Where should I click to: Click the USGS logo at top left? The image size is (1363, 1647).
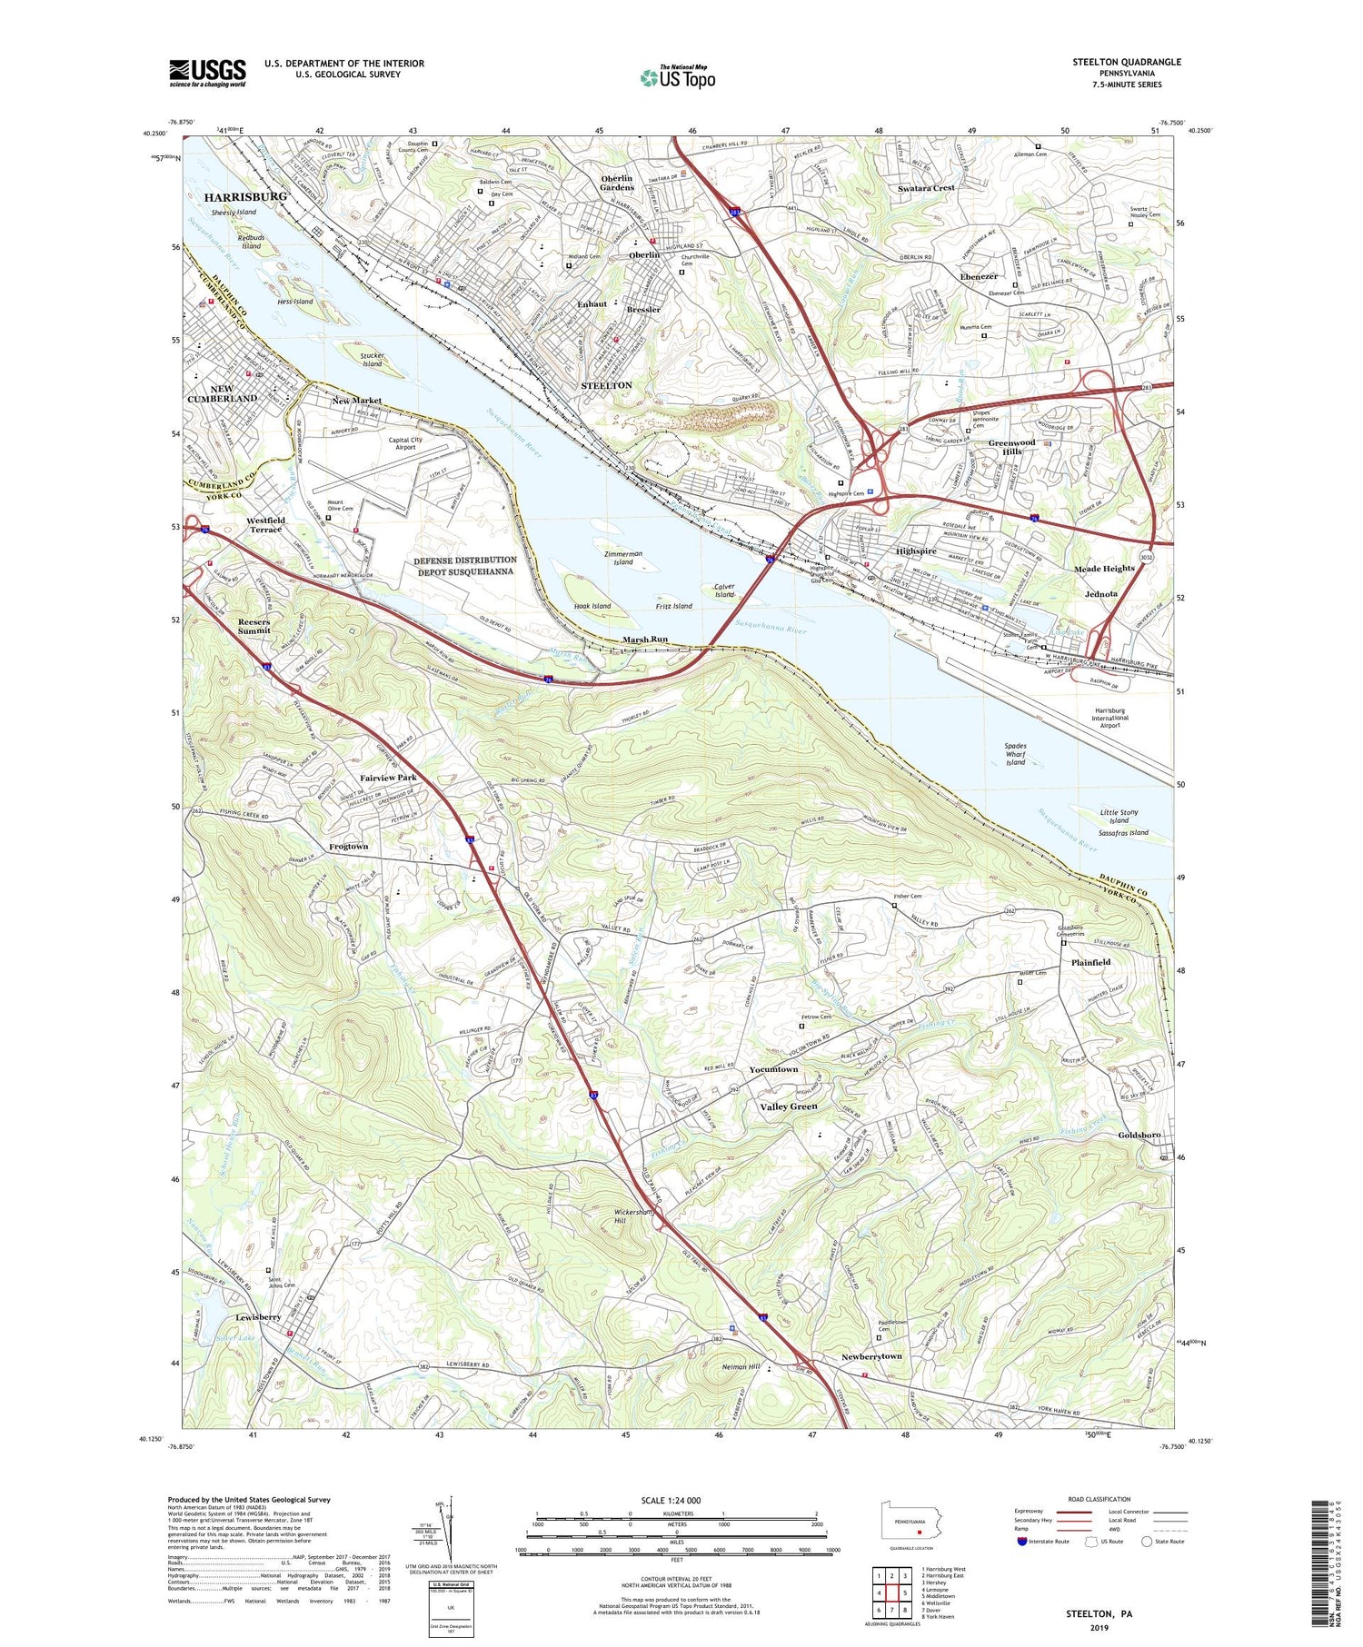[x=207, y=73]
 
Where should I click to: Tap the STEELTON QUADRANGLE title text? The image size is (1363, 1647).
[x=1126, y=62]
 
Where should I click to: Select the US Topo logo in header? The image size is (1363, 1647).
[x=677, y=78]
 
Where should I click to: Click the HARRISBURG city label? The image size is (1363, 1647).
[x=244, y=197]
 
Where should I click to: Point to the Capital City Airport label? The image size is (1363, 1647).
[x=405, y=443]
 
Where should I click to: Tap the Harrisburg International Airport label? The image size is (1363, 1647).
[x=1109, y=718]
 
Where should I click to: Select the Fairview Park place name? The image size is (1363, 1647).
[x=388, y=779]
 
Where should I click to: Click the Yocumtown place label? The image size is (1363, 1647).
[x=773, y=1069]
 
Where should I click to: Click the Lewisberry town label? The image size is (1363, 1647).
[x=257, y=1316]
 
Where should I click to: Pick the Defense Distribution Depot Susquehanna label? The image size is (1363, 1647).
[x=465, y=566]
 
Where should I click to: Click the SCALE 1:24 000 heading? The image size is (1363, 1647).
[x=677, y=1500]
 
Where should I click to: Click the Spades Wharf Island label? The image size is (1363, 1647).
[x=1015, y=754]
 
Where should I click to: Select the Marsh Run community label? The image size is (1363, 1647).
[x=645, y=640]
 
